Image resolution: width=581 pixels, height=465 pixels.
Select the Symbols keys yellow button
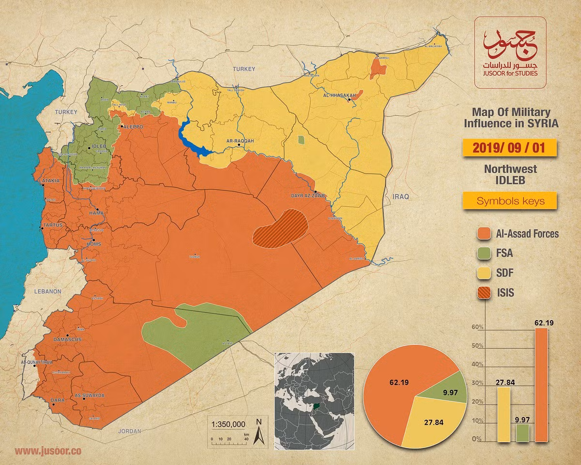pos(511,201)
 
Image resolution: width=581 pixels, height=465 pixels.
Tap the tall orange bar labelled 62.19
pos(541,385)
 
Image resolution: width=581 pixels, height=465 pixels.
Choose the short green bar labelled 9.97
pos(522,433)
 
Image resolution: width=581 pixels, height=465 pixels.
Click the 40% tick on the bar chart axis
pos(477,364)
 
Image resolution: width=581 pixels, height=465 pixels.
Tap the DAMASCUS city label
pos(67,340)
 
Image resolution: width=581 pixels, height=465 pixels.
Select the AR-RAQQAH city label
pos(240,141)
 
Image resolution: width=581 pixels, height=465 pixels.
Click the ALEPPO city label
pos(134,126)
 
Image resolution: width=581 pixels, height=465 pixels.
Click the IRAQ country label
pos(401,197)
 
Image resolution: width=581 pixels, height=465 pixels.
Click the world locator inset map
pos(314,401)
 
